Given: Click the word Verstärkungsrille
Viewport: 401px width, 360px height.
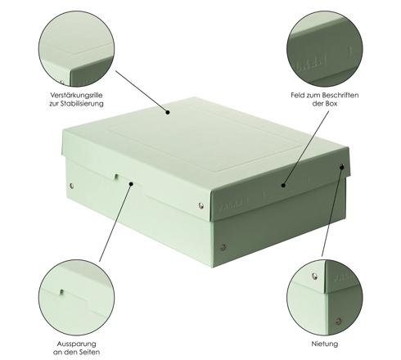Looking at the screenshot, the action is coord(76,95).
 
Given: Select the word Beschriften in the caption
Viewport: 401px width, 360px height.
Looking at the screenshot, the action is coord(340,95).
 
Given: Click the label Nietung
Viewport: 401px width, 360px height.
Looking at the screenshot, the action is coord(325,344).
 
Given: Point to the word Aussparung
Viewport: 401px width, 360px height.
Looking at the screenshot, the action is coord(76,344).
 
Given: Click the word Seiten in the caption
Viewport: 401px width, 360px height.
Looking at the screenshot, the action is coord(88,352).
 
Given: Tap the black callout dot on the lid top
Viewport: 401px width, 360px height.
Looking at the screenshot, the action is coord(168,112).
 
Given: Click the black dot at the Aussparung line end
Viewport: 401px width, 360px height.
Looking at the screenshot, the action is coord(131,184).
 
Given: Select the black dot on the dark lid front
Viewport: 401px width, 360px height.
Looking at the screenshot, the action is coord(283,186).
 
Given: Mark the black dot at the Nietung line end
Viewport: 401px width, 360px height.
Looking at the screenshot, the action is coord(342,167).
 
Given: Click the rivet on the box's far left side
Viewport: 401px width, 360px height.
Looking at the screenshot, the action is coord(71,186).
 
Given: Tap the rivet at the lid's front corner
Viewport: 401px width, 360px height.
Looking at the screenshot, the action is coord(201,205).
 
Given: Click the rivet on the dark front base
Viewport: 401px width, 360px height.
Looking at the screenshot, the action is coord(223,247).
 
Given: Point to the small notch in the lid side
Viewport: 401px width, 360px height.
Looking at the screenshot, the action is coord(116,177).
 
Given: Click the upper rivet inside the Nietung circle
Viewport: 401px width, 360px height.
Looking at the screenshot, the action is coord(314,277).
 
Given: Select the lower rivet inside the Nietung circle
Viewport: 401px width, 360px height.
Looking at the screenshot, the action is coord(338,322).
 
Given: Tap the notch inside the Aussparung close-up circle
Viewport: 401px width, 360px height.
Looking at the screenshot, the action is coord(62,292).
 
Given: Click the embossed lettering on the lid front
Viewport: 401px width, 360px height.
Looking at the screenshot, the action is coord(233,204).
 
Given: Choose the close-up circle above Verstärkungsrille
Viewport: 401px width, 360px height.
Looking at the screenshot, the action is coord(76,49).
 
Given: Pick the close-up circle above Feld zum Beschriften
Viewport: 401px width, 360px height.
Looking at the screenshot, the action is coord(325,49).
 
